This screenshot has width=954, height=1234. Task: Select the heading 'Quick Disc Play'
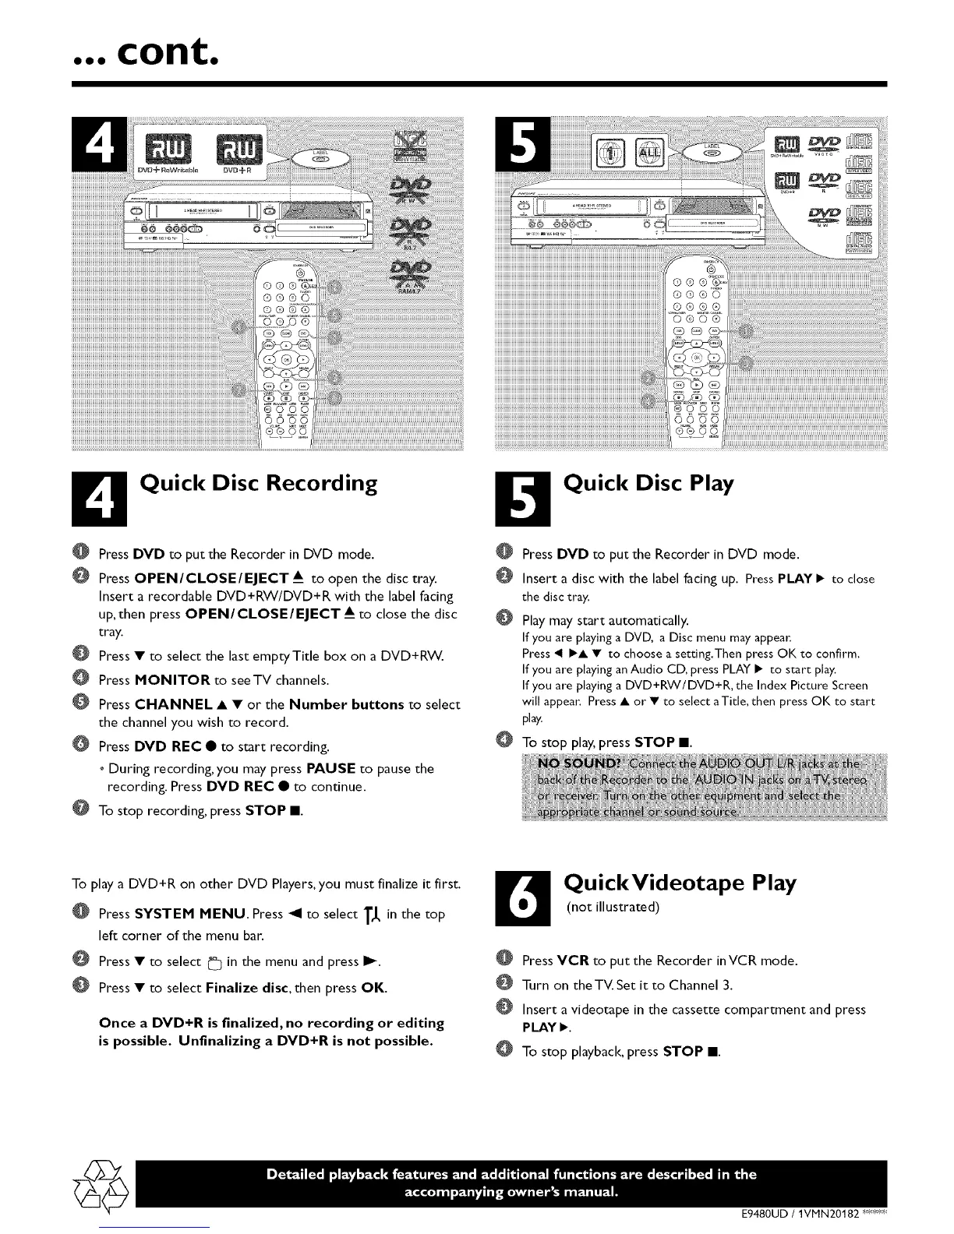pos(648,484)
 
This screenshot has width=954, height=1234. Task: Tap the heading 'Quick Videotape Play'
pos(680,883)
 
